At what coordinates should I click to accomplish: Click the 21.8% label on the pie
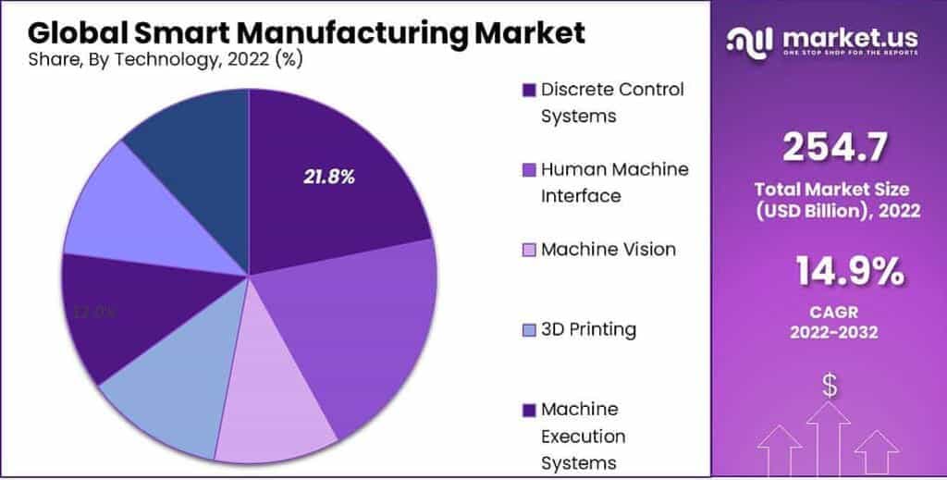[329, 177]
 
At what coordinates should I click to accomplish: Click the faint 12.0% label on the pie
[94, 312]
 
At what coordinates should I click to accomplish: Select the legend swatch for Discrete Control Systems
[529, 91]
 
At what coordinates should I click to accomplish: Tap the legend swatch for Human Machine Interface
[529, 170]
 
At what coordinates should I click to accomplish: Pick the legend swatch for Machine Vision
[529, 250]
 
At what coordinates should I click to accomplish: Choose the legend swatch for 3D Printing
[529, 330]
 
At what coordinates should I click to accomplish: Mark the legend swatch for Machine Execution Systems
[529, 410]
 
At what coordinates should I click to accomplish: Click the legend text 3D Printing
[588, 329]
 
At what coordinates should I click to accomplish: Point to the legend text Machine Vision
[608, 250]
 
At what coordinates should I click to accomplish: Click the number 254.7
[835, 147]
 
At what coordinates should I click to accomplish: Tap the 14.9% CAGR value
[849, 272]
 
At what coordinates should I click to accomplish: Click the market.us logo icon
[750, 40]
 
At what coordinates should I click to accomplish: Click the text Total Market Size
[831, 190]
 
